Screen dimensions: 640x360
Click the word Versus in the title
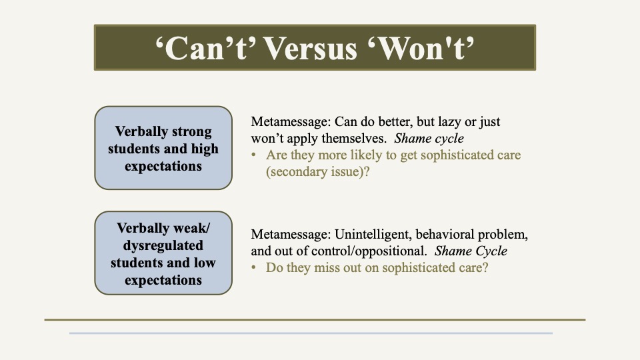[x=311, y=49]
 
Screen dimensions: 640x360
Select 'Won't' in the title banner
[x=421, y=49]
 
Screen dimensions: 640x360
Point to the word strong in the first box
[x=192, y=132]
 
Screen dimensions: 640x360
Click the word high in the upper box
[x=205, y=149]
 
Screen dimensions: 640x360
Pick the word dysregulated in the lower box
[x=163, y=245]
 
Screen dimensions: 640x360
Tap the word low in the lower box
[x=205, y=263]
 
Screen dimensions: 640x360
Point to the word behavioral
[x=445, y=234]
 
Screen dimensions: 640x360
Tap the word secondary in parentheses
[x=299, y=172]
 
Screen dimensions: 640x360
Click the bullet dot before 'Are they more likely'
[x=254, y=155]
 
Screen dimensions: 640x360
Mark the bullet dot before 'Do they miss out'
[x=254, y=268]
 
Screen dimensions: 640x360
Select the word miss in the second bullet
[x=325, y=268]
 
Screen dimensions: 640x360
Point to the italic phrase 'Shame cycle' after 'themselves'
[x=429, y=139]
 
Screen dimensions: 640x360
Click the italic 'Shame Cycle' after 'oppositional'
[x=471, y=251]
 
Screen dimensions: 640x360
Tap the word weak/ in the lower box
[x=191, y=228]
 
